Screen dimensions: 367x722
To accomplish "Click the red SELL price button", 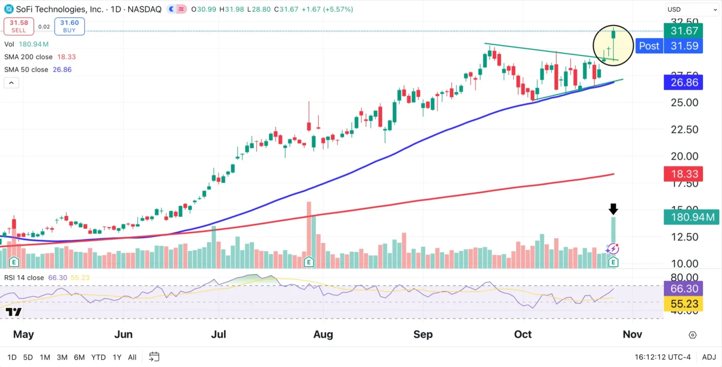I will [x=19, y=26].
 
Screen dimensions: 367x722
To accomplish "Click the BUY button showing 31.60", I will [x=70, y=26].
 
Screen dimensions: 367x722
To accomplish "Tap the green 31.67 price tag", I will [x=683, y=31].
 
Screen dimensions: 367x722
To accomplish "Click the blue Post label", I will [x=649, y=46].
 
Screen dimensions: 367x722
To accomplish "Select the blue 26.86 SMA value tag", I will [x=683, y=83].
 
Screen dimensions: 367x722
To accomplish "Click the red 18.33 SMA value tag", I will [x=683, y=174].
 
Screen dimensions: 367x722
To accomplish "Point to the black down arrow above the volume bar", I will [x=613, y=209].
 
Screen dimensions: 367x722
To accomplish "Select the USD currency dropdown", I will [x=691, y=9].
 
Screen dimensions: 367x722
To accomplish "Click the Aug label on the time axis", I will [x=323, y=335].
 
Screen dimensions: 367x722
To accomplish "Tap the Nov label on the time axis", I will [x=632, y=335].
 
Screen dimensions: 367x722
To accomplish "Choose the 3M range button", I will [x=62, y=357].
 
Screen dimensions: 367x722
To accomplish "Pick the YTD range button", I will [x=98, y=357].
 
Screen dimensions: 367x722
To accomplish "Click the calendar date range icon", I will [x=154, y=357].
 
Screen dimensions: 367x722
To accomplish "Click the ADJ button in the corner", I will [x=709, y=357].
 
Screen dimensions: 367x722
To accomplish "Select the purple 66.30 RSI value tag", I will [x=683, y=288].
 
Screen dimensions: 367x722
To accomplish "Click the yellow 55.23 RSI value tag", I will [x=683, y=304].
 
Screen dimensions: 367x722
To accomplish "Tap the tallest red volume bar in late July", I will [x=309, y=231].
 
